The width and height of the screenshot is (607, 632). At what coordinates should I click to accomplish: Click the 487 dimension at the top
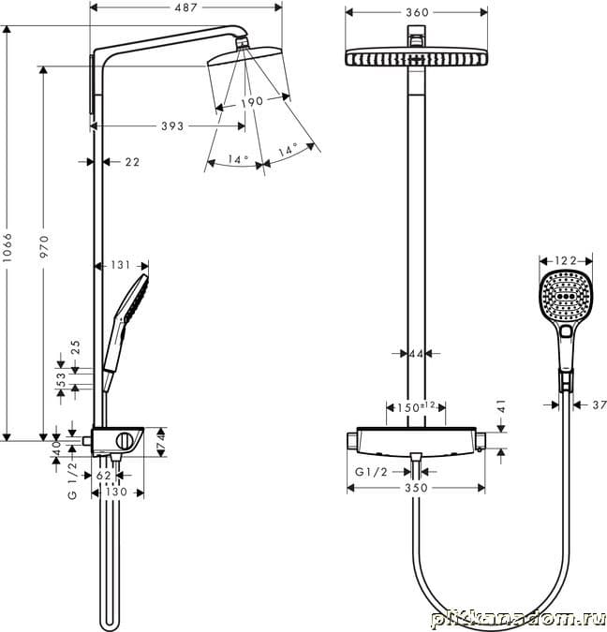click(185, 7)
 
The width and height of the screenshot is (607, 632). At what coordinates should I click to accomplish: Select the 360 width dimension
click(417, 12)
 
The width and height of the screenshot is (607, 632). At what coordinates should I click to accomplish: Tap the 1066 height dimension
click(7, 247)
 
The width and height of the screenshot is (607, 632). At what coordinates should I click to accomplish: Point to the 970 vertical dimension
click(44, 246)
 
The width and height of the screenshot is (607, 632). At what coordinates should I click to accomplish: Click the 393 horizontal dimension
click(172, 126)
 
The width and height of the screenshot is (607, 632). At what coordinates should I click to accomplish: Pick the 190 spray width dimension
click(252, 102)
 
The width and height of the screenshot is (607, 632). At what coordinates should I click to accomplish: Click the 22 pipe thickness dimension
click(132, 162)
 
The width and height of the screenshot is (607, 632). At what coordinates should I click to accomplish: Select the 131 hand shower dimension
click(121, 265)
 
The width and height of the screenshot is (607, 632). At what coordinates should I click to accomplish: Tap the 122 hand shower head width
click(566, 261)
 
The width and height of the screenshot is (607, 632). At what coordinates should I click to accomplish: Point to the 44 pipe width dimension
click(416, 354)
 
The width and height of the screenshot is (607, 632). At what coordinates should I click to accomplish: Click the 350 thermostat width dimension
click(416, 488)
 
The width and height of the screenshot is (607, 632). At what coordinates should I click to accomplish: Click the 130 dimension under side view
click(117, 492)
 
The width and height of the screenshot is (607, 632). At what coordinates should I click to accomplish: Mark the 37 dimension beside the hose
click(600, 404)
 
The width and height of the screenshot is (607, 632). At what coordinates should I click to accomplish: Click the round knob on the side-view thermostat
click(124, 441)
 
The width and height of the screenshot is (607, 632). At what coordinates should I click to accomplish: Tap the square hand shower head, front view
click(566, 296)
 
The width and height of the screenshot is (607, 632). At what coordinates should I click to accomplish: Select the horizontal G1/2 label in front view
click(371, 472)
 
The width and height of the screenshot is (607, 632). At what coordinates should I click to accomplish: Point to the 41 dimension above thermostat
click(501, 406)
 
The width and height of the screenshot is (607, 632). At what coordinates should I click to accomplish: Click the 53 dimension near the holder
click(61, 380)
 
